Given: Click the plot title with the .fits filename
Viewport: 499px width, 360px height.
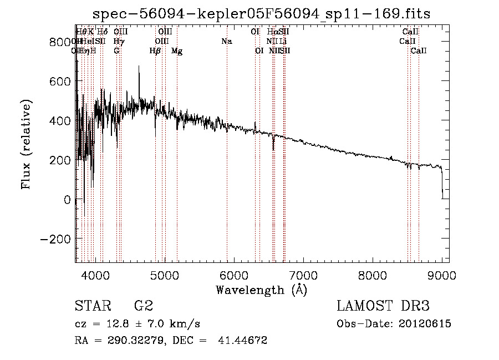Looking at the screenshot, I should pos(262,13).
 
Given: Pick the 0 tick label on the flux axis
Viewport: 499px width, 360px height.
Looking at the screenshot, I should pos(67,200).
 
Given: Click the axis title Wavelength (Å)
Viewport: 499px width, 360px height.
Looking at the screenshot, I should pos(261,290).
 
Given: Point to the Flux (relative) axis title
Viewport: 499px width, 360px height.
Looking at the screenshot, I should pos(27,144).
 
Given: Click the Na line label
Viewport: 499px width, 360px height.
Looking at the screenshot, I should pos(226,42).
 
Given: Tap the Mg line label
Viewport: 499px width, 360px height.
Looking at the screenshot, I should pos(177,51).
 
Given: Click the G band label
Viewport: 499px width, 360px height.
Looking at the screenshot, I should pos(116,51).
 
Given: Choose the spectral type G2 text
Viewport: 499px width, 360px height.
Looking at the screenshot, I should pos(143,306).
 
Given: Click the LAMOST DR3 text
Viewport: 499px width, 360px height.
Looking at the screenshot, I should pos(383,306).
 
